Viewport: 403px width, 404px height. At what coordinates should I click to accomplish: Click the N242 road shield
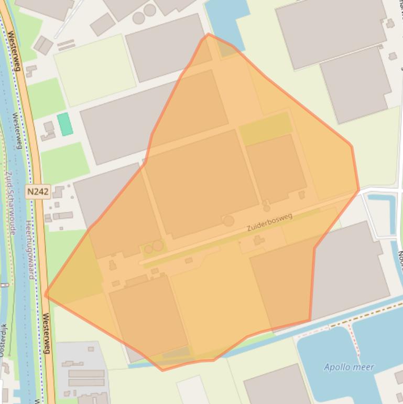(x=38, y=192)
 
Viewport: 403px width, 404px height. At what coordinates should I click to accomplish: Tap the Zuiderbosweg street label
(x=269, y=222)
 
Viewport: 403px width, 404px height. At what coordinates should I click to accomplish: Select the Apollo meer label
(x=349, y=367)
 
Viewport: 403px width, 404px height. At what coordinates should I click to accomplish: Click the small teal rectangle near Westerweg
(x=65, y=124)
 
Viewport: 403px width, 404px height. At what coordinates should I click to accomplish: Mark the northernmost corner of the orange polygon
(x=208, y=34)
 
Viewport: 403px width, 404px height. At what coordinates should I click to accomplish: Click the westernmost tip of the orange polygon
(x=46, y=295)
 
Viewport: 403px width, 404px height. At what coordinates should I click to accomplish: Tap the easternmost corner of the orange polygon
(x=359, y=190)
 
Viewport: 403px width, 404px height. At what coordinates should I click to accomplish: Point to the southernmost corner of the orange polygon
(x=162, y=370)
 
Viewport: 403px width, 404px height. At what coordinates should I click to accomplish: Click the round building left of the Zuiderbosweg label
(x=228, y=221)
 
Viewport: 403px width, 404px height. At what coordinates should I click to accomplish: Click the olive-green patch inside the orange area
(x=265, y=128)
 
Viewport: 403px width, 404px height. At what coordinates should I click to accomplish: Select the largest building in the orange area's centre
(x=201, y=180)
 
